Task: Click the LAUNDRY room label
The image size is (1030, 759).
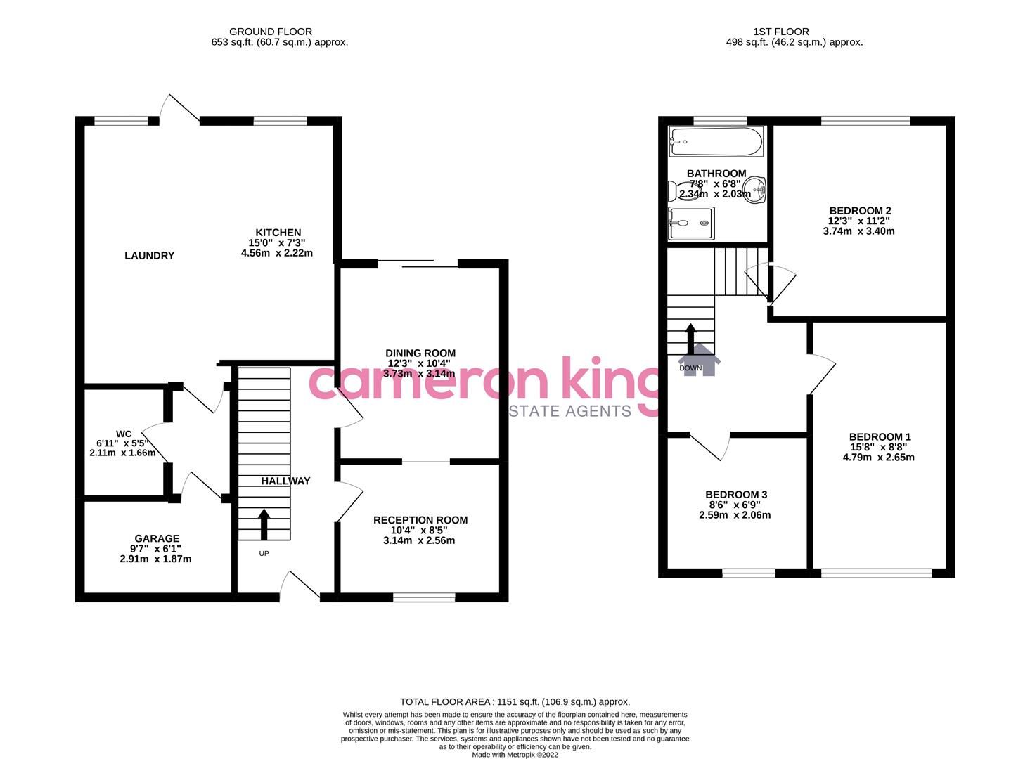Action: tap(149, 256)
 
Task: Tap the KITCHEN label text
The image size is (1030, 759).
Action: tap(278, 233)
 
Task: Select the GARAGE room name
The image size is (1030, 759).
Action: tap(157, 539)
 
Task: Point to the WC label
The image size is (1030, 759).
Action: tap(124, 433)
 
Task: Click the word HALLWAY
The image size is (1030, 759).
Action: tap(285, 481)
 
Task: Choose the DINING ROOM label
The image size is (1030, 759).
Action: tap(420, 353)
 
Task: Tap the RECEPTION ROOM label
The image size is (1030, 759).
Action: tap(420, 520)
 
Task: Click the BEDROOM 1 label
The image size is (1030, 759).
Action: tap(879, 437)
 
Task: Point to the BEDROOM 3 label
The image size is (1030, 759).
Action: tap(736, 495)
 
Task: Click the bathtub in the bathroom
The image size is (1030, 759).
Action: tap(716, 142)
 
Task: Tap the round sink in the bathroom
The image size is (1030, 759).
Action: tap(756, 188)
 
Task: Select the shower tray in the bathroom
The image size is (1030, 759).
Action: tap(690, 223)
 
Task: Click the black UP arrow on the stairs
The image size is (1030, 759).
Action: tap(264, 524)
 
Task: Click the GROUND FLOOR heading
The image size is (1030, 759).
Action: tap(271, 32)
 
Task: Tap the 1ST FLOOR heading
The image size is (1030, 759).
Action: tap(780, 32)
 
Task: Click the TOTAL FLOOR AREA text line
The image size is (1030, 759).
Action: tap(515, 701)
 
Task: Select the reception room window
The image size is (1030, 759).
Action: tap(424, 597)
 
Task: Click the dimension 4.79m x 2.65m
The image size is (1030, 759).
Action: tap(878, 458)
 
